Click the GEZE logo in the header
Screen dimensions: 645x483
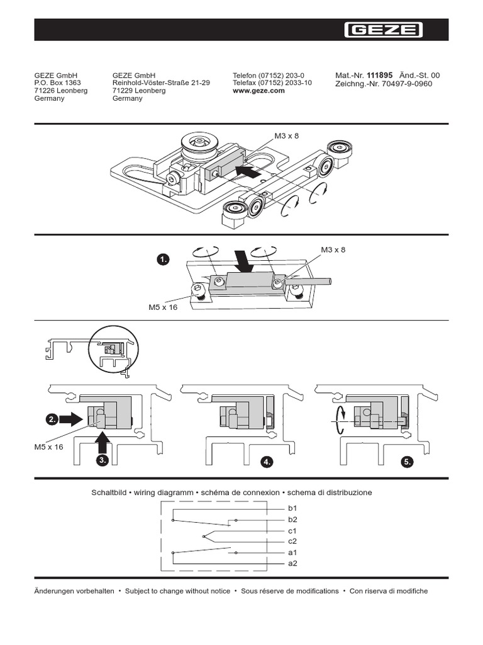[x=383, y=30]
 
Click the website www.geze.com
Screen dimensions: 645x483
[x=258, y=91]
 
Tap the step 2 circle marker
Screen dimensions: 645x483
[x=52, y=418]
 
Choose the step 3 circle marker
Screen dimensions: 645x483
[x=103, y=461]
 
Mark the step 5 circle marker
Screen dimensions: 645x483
[x=408, y=462]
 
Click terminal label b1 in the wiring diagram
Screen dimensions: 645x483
[x=292, y=508]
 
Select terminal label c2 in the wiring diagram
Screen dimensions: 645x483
[x=292, y=541]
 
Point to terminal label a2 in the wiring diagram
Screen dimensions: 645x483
[x=292, y=563]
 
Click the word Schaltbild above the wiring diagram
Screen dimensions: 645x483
[x=108, y=492]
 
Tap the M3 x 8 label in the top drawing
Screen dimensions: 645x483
[x=287, y=135]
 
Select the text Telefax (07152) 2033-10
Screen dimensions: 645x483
[x=272, y=83]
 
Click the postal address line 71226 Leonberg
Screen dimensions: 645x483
[x=60, y=91]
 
